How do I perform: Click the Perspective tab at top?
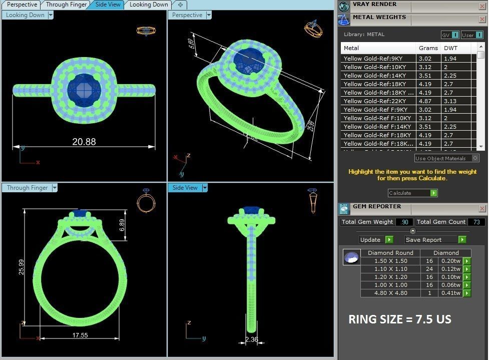22,5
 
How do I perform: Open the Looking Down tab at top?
149,5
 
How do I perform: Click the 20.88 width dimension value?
84,142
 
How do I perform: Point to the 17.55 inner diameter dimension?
80,335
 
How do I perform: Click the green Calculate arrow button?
434,193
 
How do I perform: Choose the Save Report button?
431,240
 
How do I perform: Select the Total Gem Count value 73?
476,222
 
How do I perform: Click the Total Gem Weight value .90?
404,222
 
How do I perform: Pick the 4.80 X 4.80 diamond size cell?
390,293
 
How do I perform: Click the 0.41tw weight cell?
450,293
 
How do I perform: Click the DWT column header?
451,48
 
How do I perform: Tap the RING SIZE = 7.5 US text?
399,319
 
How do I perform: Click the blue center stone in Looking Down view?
84,89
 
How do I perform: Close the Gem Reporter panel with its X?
482,208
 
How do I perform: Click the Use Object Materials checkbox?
475,158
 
